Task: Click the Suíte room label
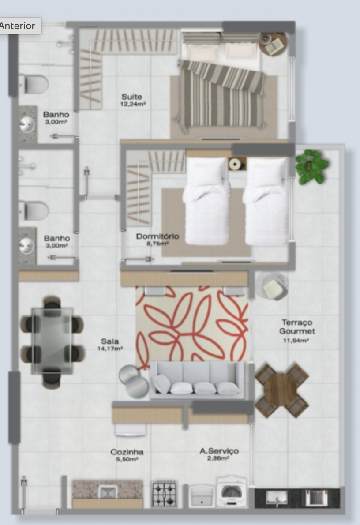(131, 97)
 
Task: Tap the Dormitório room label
(157, 236)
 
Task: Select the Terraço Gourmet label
(297, 326)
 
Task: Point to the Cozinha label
(127, 452)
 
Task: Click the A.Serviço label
(219, 451)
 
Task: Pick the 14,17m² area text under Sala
(110, 349)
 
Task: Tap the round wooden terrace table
(281, 390)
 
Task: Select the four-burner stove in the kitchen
(164, 493)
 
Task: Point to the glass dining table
(52, 341)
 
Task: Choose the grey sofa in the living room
(197, 380)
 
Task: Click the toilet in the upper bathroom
(34, 84)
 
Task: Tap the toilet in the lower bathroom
(34, 211)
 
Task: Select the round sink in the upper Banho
(27, 124)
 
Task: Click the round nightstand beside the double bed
(273, 44)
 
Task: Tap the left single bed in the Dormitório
(206, 201)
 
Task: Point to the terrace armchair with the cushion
(272, 286)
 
